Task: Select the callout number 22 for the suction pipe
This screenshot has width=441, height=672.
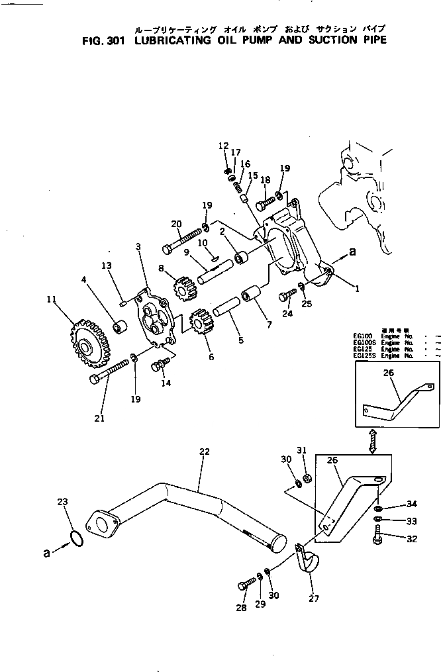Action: (x=205, y=452)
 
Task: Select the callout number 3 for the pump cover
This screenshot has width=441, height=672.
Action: (x=138, y=247)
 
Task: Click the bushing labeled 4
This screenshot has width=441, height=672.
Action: (x=120, y=327)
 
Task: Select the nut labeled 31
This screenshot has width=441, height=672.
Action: (x=307, y=479)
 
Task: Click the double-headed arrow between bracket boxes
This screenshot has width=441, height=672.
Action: (x=373, y=441)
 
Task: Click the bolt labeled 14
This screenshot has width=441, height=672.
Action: (x=160, y=365)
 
